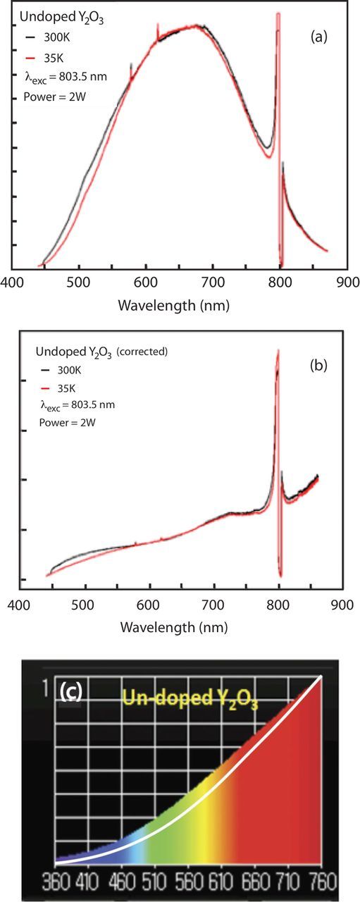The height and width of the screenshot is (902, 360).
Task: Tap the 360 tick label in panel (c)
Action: click(58, 878)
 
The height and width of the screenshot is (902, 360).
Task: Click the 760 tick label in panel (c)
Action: click(323, 878)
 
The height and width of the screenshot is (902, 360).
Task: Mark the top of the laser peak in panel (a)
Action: click(279, 13)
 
